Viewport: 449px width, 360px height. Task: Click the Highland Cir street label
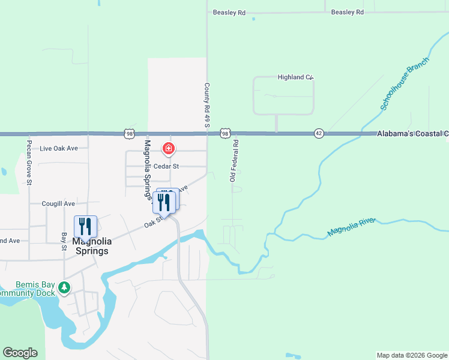click(x=295, y=77)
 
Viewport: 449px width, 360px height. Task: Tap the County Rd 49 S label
click(x=206, y=104)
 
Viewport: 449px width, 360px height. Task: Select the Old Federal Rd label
click(x=234, y=160)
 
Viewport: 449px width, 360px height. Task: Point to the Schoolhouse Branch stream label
click(x=405, y=84)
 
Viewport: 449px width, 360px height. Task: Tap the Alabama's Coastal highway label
click(x=412, y=133)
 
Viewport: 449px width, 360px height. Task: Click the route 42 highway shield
click(x=318, y=133)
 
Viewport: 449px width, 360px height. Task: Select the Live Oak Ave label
click(x=59, y=148)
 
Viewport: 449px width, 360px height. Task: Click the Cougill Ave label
click(x=58, y=203)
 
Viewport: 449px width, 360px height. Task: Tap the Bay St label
click(x=64, y=238)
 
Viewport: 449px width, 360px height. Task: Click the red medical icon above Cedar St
click(x=169, y=148)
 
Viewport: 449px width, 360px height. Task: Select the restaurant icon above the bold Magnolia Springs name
click(x=85, y=226)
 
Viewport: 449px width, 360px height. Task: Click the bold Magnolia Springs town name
click(x=91, y=246)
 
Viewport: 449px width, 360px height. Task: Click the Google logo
click(x=20, y=353)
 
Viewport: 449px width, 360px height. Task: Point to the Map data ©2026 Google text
click(x=411, y=355)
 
